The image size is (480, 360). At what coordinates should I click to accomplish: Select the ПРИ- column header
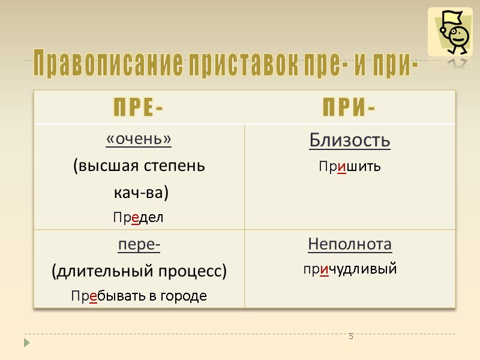tap(350, 109)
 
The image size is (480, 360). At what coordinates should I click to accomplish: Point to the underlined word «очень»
tap(139, 139)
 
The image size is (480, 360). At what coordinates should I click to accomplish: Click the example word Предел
tap(139, 217)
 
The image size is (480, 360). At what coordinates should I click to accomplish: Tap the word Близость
tap(350, 140)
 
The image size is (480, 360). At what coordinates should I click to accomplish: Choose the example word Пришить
tap(350, 167)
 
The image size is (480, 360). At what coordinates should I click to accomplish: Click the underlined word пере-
tap(139, 245)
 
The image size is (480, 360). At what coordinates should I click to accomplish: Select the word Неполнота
tap(350, 244)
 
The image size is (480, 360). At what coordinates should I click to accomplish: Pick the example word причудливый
tap(350, 269)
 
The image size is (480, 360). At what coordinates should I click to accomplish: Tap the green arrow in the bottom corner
tap(27, 343)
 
